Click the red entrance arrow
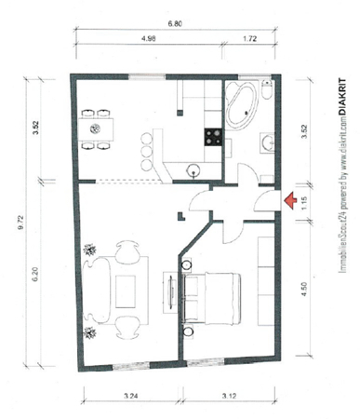[290, 200]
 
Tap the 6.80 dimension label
[175, 24]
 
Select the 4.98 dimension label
[148, 38]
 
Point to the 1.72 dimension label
[249, 38]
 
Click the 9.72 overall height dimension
[20, 223]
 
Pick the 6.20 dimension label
[35, 275]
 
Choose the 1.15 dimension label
[304, 203]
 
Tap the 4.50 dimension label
[304, 289]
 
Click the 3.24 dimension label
[131, 396]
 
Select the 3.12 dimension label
[229, 396]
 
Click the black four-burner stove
[213, 137]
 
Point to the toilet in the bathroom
[267, 88]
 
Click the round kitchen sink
[193, 170]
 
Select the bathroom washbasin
[267, 142]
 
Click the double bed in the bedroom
[212, 299]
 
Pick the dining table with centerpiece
[96, 128]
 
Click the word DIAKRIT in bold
[342, 97]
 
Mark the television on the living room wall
[171, 292]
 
